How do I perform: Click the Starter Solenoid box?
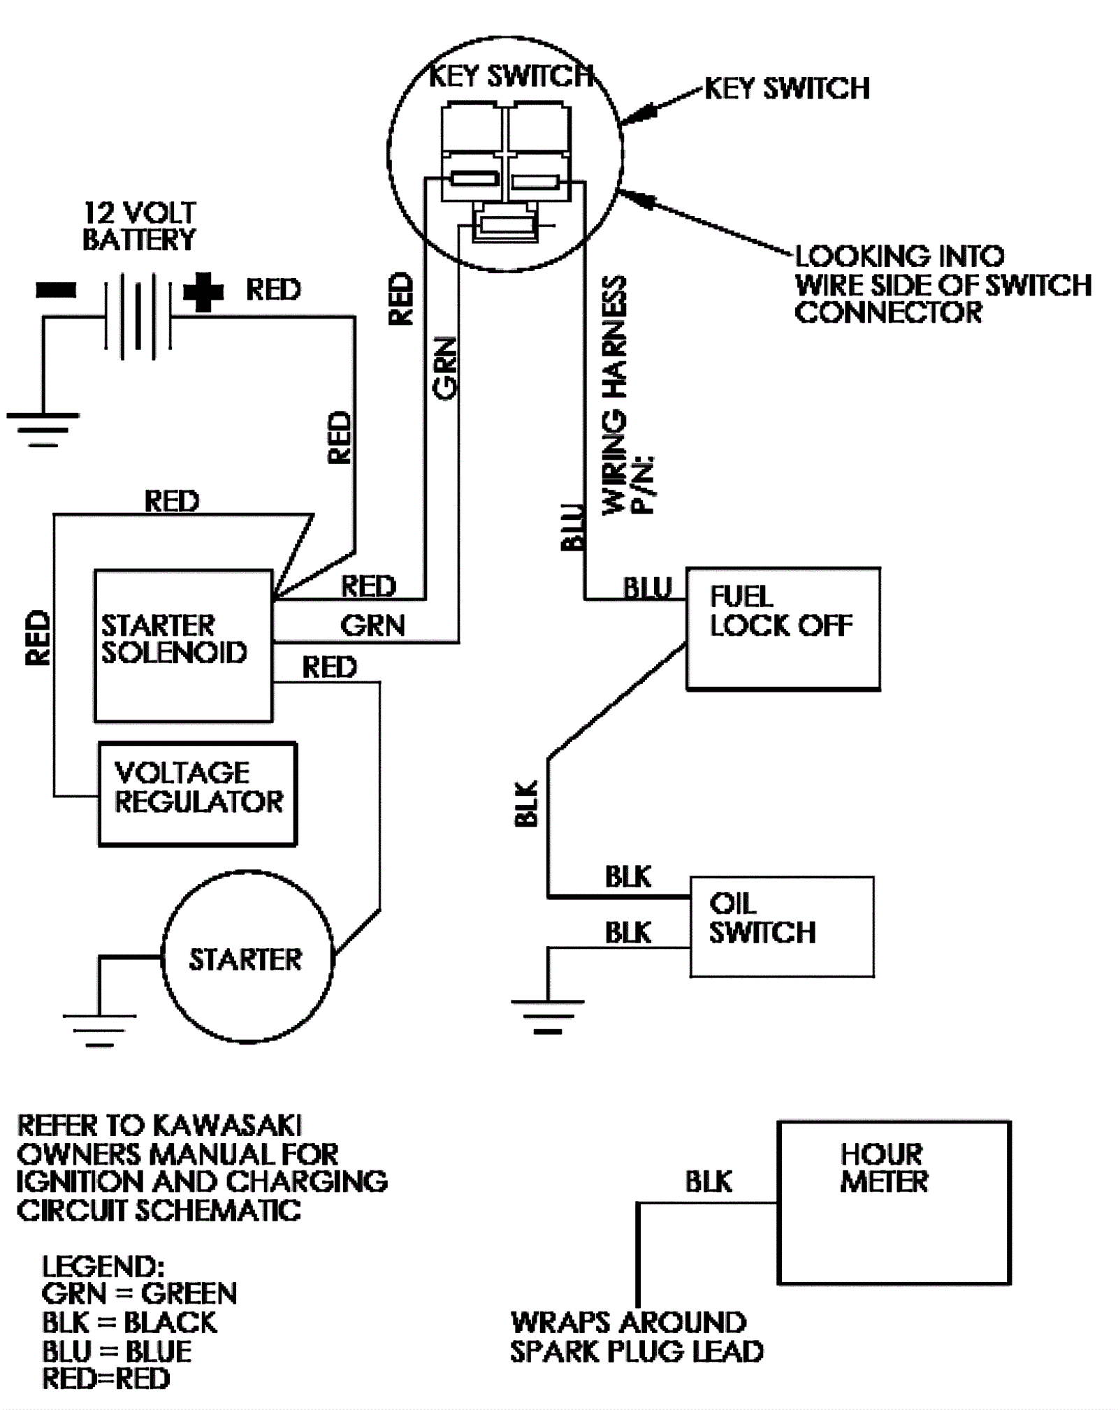(x=183, y=645)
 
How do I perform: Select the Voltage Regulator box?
(x=198, y=793)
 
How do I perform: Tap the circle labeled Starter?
(x=247, y=957)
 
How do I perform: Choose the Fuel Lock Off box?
(x=783, y=628)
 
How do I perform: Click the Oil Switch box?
(x=781, y=926)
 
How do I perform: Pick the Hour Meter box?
(x=894, y=1202)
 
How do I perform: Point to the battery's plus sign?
(x=203, y=291)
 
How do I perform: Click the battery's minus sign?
(x=57, y=290)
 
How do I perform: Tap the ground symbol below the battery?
(x=43, y=428)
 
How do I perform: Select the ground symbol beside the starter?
(x=99, y=1029)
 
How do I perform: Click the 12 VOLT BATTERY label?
(x=139, y=226)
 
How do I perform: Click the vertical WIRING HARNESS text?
(x=615, y=395)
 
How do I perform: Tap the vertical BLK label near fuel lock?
(x=526, y=804)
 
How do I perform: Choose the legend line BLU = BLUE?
(x=117, y=1351)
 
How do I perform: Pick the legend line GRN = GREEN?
(x=139, y=1293)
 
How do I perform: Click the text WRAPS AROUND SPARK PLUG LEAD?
(x=636, y=1337)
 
